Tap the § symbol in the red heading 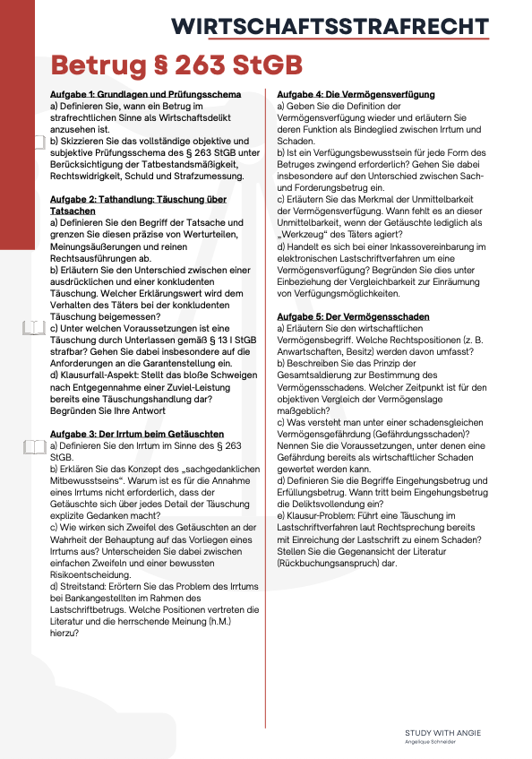click(x=155, y=65)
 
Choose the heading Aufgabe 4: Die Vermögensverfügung click(x=356, y=94)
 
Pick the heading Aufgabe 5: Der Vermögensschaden click(x=353, y=316)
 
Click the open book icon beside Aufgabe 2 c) click(x=33, y=327)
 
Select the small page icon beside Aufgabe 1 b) click(x=38, y=141)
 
